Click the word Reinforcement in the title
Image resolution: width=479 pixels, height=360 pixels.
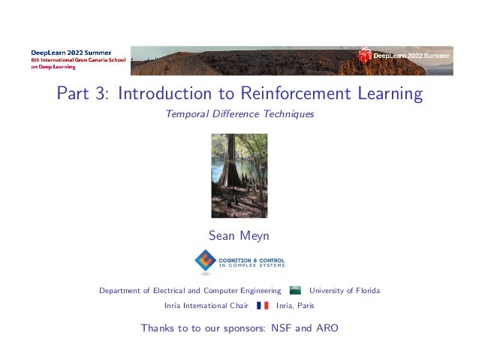[297, 95]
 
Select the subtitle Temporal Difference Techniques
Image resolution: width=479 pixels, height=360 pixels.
[239, 115]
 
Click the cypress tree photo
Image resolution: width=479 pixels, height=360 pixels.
[239, 175]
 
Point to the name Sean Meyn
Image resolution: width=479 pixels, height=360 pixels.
[239, 236]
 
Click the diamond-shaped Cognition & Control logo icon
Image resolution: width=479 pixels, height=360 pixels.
[204, 261]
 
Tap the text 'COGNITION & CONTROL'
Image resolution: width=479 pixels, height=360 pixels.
[251, 258]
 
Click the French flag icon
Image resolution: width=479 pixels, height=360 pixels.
[262, 306]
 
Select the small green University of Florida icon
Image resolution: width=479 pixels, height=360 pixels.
[296, 291]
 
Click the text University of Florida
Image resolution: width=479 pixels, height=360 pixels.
[345, 291]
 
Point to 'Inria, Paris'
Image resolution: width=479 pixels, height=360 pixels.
[295, 306]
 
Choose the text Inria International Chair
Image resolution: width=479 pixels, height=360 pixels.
[206, 306]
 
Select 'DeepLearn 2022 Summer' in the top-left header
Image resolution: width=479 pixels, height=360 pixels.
[71, 52]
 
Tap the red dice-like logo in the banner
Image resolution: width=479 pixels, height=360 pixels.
[365, 55]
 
